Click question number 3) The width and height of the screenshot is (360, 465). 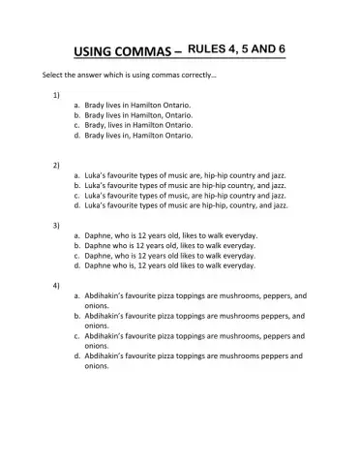56,225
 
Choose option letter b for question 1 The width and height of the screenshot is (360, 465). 77,115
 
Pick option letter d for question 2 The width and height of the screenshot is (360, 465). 77,205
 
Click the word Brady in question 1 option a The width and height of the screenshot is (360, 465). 97,105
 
